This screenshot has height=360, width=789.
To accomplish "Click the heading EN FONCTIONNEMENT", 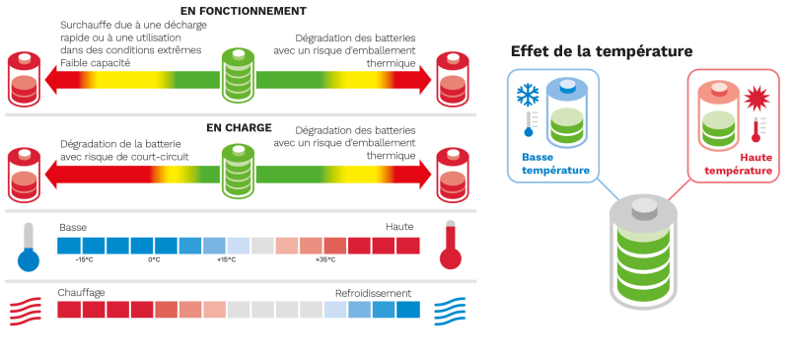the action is pos(243,11).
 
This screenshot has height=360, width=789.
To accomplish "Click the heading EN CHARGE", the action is pos(239,128).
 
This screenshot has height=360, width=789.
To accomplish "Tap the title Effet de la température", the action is pos(602,51).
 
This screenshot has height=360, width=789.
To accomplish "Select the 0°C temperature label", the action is pos(154,259).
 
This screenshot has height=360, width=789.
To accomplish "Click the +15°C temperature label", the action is pos(227,259).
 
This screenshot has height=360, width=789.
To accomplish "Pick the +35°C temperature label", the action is pos(325,259).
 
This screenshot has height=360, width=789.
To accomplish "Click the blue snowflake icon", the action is pos(528,95).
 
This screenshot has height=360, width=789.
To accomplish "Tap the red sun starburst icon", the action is pos(756,99).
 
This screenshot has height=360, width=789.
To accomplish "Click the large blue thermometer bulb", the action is pos(29,260).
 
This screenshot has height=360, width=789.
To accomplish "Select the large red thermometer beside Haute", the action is pos(451,245).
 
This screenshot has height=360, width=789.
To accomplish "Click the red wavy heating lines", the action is pos(26,311).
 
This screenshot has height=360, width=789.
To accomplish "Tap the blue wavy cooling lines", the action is pos(450,311).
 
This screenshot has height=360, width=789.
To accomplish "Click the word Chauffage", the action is pos(81,293).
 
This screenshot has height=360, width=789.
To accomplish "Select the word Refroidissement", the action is pos(374,293).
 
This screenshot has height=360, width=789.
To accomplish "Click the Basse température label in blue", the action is pos(555,164).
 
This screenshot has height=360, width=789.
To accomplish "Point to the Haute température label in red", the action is pos(738,164).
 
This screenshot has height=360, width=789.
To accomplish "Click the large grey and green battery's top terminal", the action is pos(644,208).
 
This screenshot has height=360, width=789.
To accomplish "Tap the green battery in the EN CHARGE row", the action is pos(239,172).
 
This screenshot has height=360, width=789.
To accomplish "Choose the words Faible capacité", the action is pos(95,63).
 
